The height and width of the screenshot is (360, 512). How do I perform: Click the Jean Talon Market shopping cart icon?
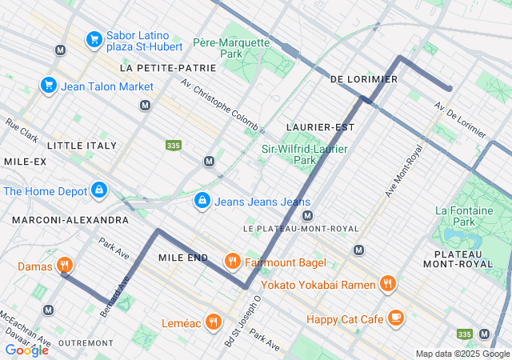[48, 86]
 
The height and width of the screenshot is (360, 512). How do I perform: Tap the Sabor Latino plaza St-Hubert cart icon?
[94, 38]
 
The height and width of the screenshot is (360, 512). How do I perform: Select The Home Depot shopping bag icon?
[98, 190]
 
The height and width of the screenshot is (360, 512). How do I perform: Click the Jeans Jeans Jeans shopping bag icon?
[202, 200]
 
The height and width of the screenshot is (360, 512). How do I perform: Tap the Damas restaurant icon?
[66, 266]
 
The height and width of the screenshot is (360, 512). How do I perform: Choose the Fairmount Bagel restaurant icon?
[232, 261]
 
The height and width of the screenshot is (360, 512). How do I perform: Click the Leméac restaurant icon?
[213, 322]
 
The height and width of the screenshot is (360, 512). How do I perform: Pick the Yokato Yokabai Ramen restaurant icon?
[387, 282]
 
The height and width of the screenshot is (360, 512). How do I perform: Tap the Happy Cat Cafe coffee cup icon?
[395, 318]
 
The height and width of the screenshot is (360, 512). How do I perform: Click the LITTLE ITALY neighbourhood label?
[82, 146]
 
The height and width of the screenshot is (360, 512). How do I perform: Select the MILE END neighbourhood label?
[183, 258]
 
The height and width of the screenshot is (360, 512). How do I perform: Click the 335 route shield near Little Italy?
[173, 146]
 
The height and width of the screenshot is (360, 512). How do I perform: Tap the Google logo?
[26, 350]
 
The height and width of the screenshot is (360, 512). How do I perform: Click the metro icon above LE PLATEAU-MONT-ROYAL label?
[306, 215]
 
